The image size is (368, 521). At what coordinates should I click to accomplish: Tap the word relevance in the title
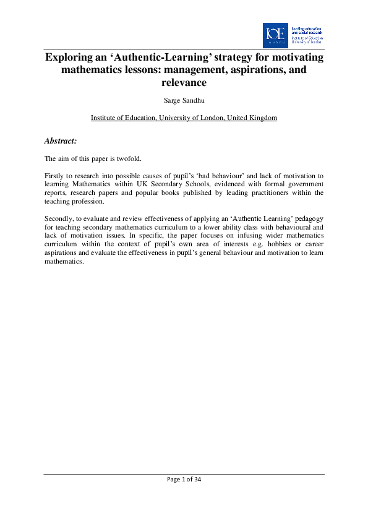click(x=184, y=82)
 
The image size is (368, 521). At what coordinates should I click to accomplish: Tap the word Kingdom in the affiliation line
click(x=262, y=118)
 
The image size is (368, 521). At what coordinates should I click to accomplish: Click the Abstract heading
click(x=61, y=141)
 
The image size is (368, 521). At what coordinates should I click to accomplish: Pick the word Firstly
click(x=56, y=176)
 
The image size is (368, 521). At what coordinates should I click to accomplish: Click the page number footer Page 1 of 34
click(x=184, y=481)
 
